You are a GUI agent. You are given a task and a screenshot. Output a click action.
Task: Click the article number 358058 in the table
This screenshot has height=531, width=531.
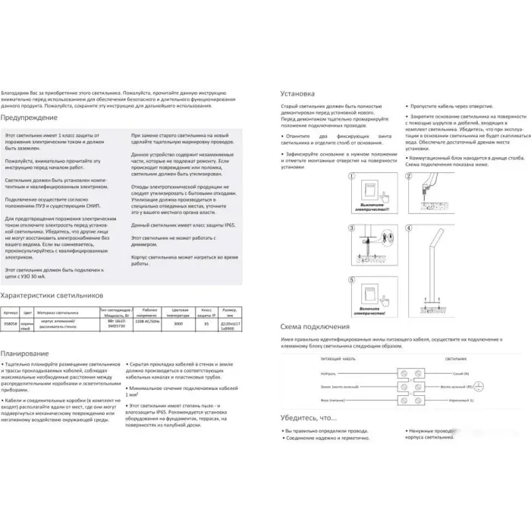pyautogui.click(x=11, y=322)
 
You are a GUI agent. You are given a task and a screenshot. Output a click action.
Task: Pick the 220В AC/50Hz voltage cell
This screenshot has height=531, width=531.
pyautogui.click(x=147, y=322)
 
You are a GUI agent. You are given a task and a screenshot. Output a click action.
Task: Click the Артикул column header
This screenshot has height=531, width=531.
pyautogui.click(x=11, y=312)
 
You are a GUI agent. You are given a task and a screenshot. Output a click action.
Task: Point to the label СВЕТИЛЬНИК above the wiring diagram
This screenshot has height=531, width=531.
pyautogui.click(x=454, y=356)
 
